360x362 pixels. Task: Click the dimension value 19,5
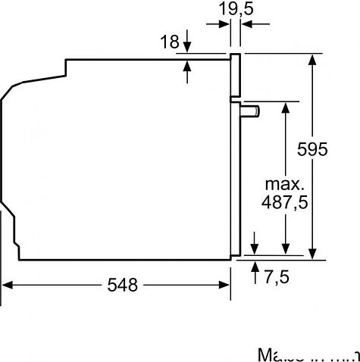[236, 10]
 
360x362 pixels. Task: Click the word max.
[284, 184]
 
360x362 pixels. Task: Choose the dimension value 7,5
[277, 276]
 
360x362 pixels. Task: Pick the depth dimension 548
[122, 285]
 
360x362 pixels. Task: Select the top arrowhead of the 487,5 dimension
[285, 107]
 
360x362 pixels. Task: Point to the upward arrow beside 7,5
[254, 266]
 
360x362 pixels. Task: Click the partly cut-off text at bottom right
[307, 354]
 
